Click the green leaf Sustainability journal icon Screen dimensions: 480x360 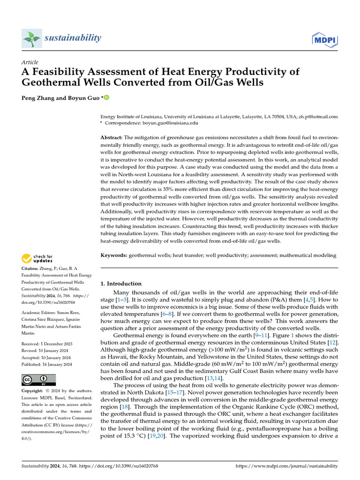(x=31, y=38)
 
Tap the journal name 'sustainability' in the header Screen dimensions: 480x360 (x=73, y=38)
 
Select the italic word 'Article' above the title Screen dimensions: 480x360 (x=30, y=62)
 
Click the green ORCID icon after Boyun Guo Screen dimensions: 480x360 (x=106, y=98)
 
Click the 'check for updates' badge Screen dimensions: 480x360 (x=37, y=259)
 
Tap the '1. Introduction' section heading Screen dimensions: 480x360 (x=121, y=284)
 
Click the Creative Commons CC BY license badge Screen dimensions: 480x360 (x=38, y=380)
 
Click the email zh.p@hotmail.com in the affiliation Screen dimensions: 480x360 (x=317, y=116)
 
